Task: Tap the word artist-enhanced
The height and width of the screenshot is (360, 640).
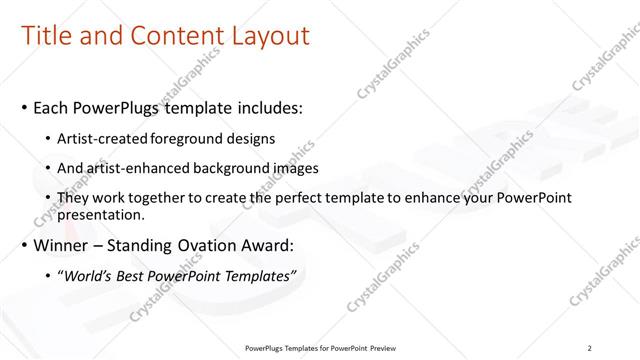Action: click(137, 168)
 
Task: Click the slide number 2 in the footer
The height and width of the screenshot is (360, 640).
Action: click(590, 348)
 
